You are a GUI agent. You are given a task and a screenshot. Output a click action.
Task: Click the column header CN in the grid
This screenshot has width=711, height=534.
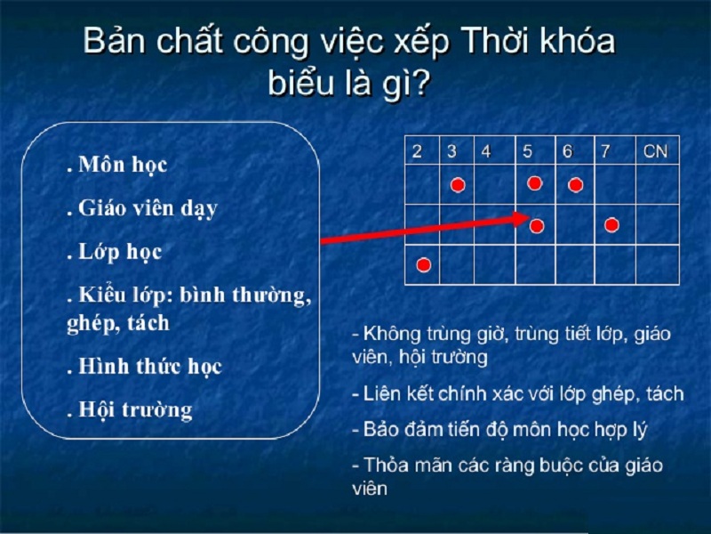655,151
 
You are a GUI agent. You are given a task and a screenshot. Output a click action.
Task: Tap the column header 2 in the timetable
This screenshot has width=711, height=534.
417,151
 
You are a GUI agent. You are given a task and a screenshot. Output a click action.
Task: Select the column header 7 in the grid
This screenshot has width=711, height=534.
605,151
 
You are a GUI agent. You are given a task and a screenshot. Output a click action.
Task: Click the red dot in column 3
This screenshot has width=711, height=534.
458,185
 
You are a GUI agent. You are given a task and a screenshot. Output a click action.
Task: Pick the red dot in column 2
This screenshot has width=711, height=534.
424,264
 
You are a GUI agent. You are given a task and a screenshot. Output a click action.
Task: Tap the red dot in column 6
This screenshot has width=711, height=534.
575,185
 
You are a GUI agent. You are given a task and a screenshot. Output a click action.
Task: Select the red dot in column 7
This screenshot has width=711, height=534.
611,225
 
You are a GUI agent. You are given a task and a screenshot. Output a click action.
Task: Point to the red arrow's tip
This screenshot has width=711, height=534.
530,216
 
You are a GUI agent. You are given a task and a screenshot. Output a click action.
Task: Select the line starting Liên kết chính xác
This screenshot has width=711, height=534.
517,392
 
